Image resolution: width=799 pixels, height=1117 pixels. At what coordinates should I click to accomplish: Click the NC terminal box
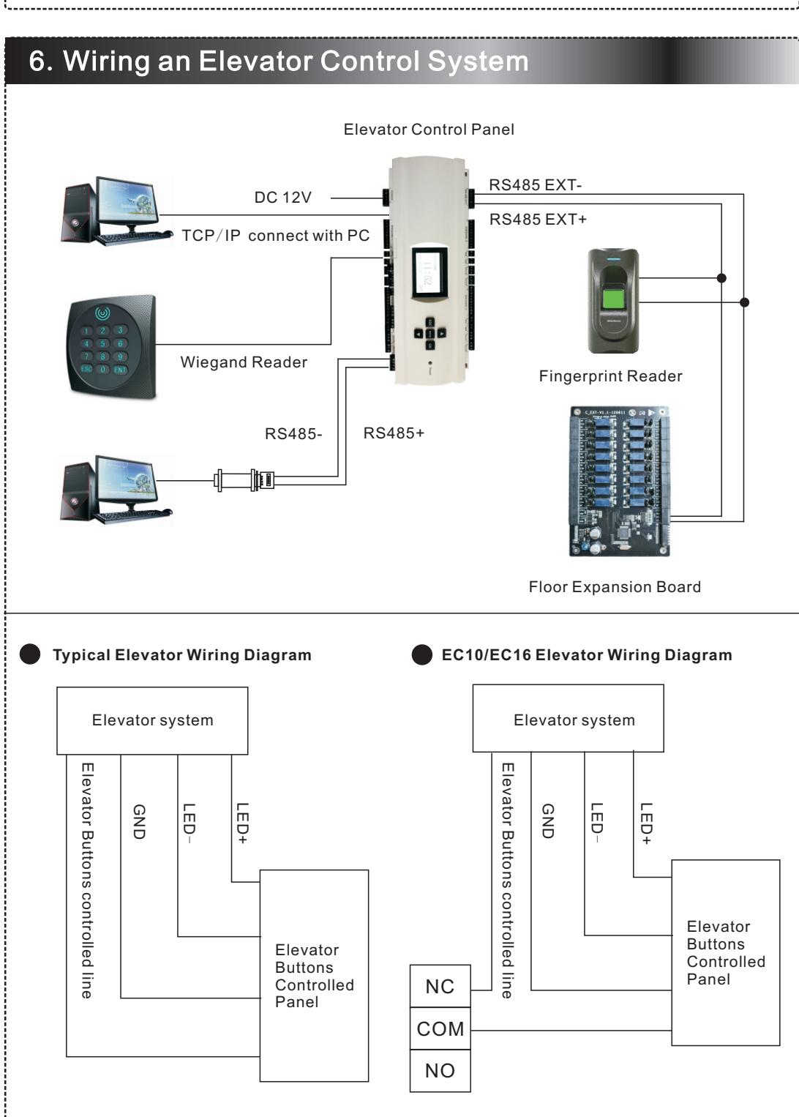pyautogui.click(x=440, y=986)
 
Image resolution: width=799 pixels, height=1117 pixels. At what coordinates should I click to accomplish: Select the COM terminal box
pyautogui.click(x=440, y=1028)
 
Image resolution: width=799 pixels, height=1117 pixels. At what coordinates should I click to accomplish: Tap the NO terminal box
pyautogui.click(x=440, y=1071)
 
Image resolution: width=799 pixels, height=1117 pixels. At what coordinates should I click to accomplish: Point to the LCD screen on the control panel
pyautogui.click(x=429, y=274)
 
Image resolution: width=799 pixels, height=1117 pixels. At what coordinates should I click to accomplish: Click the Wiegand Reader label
pyautogui.click(x=244, y=362)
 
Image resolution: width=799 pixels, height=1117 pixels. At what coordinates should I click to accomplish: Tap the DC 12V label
pyautogui.click(x=282, y=198)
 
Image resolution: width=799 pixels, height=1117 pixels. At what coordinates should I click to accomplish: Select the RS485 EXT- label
pyautogui.click(x=536, y=185)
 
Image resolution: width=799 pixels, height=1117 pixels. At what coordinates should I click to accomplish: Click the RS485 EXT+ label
pyautogui.click(x=538, y=220)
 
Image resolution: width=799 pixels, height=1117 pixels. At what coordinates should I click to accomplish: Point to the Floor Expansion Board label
pyautogui.click(x=615, y=587)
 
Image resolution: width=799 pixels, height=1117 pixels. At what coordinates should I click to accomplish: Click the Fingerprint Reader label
pyautogui.click(x=610, y=376)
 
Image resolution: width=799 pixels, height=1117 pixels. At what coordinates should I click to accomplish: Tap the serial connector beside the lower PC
pyautogui.click(x=244, y=480)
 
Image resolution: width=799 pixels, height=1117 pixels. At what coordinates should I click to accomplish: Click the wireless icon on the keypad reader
pyautogui.click(x=102, y=313)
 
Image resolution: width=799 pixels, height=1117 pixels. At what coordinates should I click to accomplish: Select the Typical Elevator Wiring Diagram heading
pyautogui.click(x=182, y=654)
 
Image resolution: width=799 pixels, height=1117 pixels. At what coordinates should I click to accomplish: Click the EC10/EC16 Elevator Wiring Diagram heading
pyautogui.click(x=587, y=654)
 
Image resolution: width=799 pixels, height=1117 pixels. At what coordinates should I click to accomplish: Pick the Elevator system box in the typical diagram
pyautogui.click(x=152, y=720)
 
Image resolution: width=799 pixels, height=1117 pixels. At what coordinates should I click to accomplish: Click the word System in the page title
pyautogui.click(x=478, y=62)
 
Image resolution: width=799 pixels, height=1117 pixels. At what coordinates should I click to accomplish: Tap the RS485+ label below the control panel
pyautogui.click(x=394, y=433)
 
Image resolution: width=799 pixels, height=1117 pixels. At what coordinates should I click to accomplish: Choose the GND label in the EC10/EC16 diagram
pyautogui.click(x=548, y=821)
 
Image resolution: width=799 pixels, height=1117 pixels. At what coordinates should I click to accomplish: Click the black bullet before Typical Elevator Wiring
pyautogui.click(x=30, y=654)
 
